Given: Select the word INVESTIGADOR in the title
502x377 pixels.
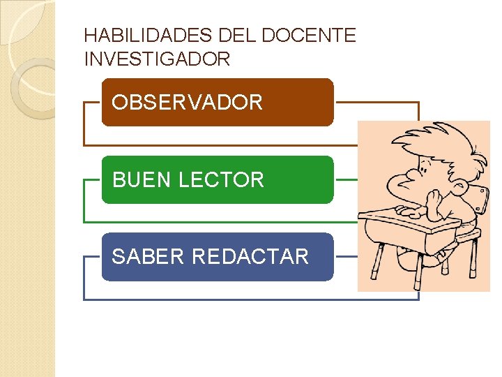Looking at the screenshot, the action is (x=157, y=59).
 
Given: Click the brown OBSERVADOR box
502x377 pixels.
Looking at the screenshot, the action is (x=218, y=103).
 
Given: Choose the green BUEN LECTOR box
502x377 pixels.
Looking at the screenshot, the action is (x=218, y=179).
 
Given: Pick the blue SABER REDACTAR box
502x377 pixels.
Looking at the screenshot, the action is (x=218, y=256).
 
